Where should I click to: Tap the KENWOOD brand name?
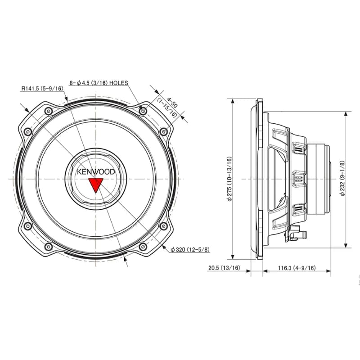[x=96, y=172]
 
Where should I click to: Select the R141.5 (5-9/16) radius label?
[x=42, y=88]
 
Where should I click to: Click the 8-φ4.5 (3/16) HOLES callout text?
[x=99, y=83]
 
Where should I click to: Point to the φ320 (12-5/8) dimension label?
[x=190, y=249]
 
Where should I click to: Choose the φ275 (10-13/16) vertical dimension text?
[x=229, y=179]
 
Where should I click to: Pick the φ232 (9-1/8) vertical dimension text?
[x=342, y=178]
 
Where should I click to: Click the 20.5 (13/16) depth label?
[x=224, y=268]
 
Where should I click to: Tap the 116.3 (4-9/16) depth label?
[x=297, y=268]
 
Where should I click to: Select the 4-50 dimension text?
[x=172, y=103]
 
